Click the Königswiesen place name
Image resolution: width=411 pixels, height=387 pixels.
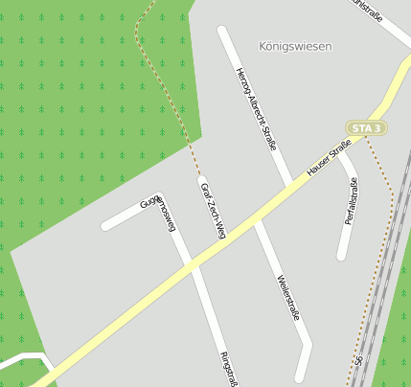(x=295, y=46)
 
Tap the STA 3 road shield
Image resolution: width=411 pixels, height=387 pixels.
(x=366, y=127)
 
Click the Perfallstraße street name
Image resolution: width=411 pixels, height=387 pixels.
(x=351, y=200)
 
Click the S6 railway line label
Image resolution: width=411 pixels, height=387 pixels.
(x=358, y=363)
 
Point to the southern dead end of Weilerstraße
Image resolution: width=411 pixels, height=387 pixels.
(x=301, y=377)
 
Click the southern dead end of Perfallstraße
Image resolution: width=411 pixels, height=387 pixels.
(x=341, y=256)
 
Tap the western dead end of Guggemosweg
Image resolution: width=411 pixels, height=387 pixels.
(x=106, y=227)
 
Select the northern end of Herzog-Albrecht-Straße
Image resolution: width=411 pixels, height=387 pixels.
(x=223, y=31)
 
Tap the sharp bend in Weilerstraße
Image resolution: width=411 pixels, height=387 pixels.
(x=308, y=344)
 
